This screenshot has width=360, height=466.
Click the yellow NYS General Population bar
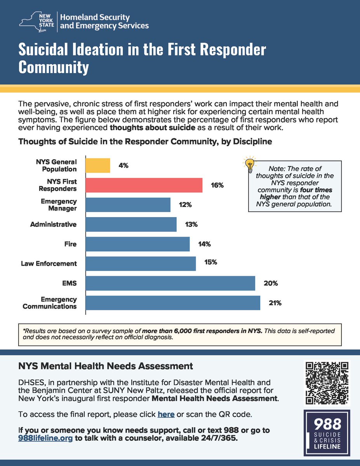click(98, 165)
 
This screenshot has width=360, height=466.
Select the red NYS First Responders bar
click(144, 185)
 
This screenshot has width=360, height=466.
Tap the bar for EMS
click(170, 283)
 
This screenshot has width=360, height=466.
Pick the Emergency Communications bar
click(172, 303)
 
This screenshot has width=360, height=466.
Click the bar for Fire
click(137, 244)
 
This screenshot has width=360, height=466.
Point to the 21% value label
click(275, 303)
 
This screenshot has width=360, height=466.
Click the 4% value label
click(124, 165)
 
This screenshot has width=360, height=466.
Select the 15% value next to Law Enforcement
click(211, 263)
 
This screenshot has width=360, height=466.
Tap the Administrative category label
click(53, 224)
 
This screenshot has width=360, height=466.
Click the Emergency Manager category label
click(59, 205)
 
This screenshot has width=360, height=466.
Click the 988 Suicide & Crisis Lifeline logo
click(327, 432)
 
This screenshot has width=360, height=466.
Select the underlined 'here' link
click(166, 414)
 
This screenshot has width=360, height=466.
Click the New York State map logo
click(36, 20)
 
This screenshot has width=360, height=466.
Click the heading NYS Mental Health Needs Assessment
click(106, 366)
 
